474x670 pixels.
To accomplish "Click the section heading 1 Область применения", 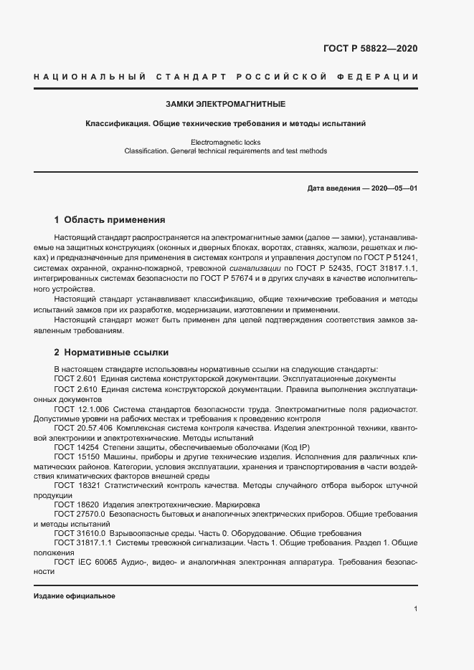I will pyautogui.click(x=110, y=220).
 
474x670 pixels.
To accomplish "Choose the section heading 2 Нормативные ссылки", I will pyautogui.click(x=112, y=353).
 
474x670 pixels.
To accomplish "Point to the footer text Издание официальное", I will pyautogui.click(x=75, y=596).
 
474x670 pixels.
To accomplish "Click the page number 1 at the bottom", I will pyautogui.click(x=415, y=608).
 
